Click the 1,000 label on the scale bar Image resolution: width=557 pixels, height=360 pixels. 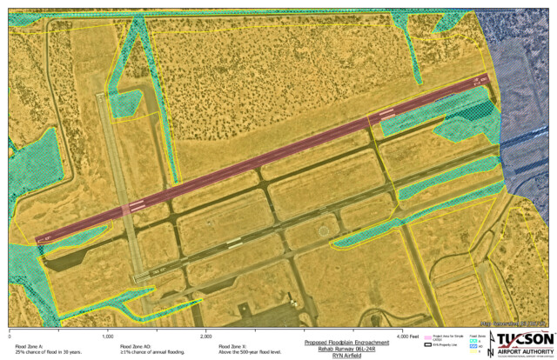(x=108, y=335)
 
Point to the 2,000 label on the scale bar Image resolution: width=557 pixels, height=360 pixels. (x=207, y=335)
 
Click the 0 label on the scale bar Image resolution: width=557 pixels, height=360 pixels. (x=10, y=335)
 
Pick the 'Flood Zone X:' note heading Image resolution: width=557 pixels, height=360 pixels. (x=235, y=346)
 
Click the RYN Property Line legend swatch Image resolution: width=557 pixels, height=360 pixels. (x=426, y=345)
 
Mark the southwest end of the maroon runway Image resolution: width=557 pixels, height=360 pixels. (x=37, y=239)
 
